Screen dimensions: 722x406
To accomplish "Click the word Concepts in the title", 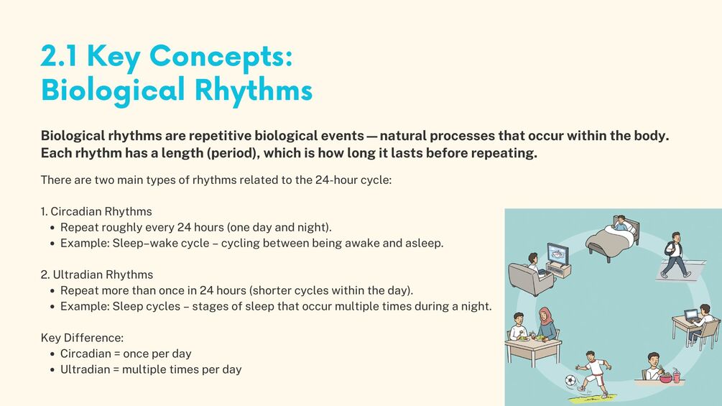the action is click(221, 57).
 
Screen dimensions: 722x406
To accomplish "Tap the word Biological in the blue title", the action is click(113, 91).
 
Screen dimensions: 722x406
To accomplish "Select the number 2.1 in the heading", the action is click(59, 56).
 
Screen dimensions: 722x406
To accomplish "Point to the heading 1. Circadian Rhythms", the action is click(96, 211).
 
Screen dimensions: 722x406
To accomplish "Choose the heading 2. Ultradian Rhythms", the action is click(97, 274).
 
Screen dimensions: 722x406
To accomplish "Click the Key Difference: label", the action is click(82, 338).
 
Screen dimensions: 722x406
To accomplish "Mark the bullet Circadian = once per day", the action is click(126, 354).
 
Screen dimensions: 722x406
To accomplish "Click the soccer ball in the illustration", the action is click(570, 381).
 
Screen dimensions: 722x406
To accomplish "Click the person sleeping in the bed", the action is click(620, 223).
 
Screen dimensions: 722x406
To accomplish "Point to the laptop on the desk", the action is click(691, 315).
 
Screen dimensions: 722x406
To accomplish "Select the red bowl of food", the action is click(665, 379).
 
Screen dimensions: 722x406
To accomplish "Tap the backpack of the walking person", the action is click(669, 249).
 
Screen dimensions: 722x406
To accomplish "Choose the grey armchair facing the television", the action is click(526, 279).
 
